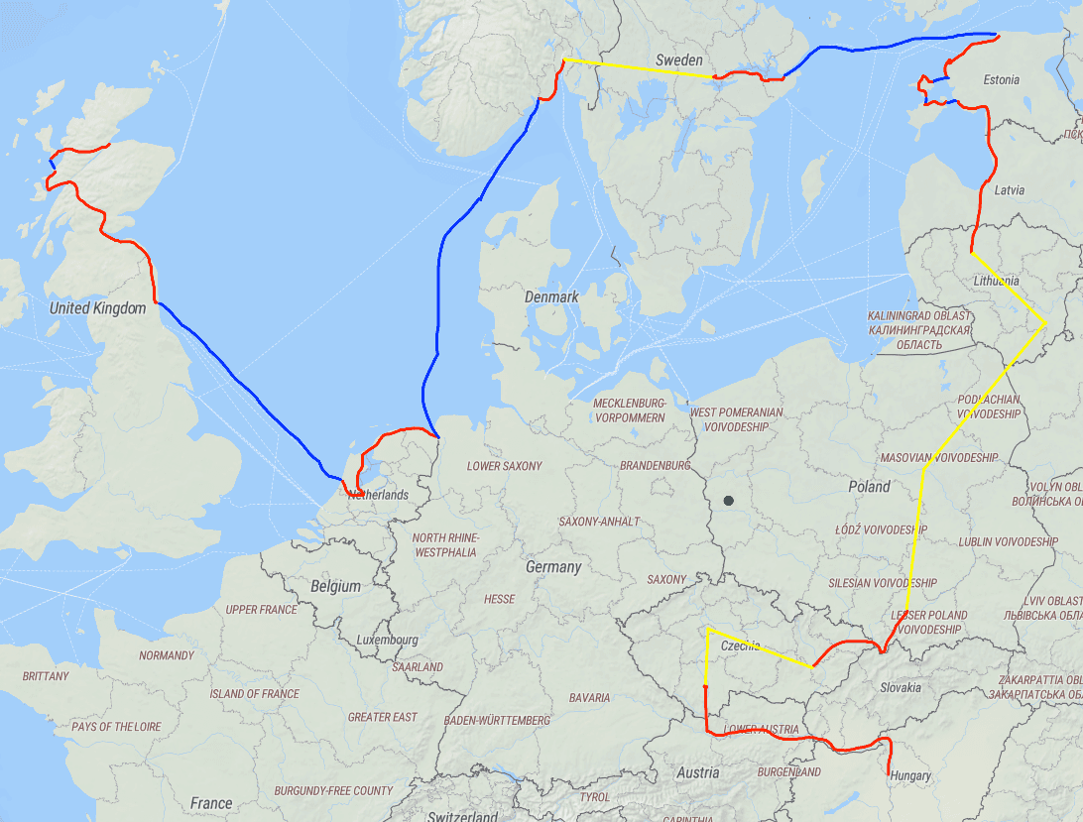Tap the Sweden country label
[x=678, y=60]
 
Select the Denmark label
[x=551, y=296]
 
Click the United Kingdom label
[x=97, y=308]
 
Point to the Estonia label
[x=1001, y=79]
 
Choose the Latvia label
[x=1009, y=189]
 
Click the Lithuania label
[x=996, y=281]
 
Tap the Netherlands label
[x=378, y=494]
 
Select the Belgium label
[x=335, y=586]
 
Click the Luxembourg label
[x=389, y=640]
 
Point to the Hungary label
[x=910, y=775]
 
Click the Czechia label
[x=741, y=646]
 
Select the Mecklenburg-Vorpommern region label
[x=629, y=411]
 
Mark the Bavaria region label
[x=589, y=697]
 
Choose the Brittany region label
[x=46, y=676]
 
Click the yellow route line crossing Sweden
[x=640, y=68]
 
